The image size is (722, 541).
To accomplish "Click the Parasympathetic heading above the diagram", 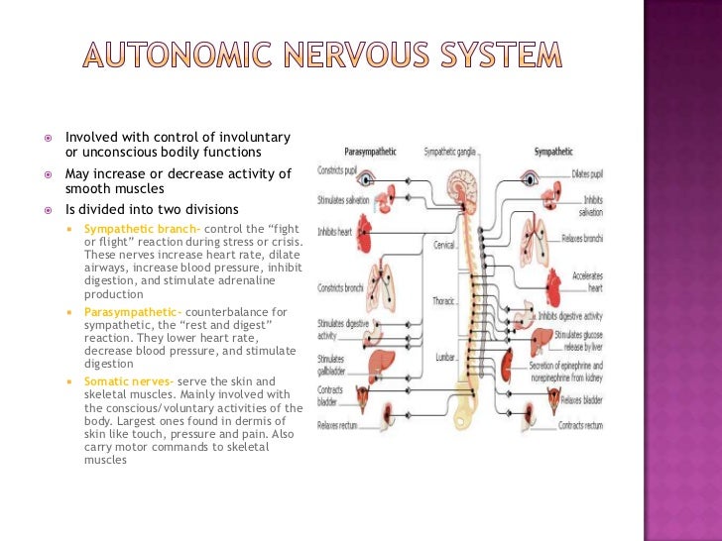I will (370, 152).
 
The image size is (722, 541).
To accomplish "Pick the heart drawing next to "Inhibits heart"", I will (372, 234).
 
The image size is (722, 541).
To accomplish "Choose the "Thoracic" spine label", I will (443, 300).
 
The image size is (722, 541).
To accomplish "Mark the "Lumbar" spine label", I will (445, 357).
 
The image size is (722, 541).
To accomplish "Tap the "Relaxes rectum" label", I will (339, 426).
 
